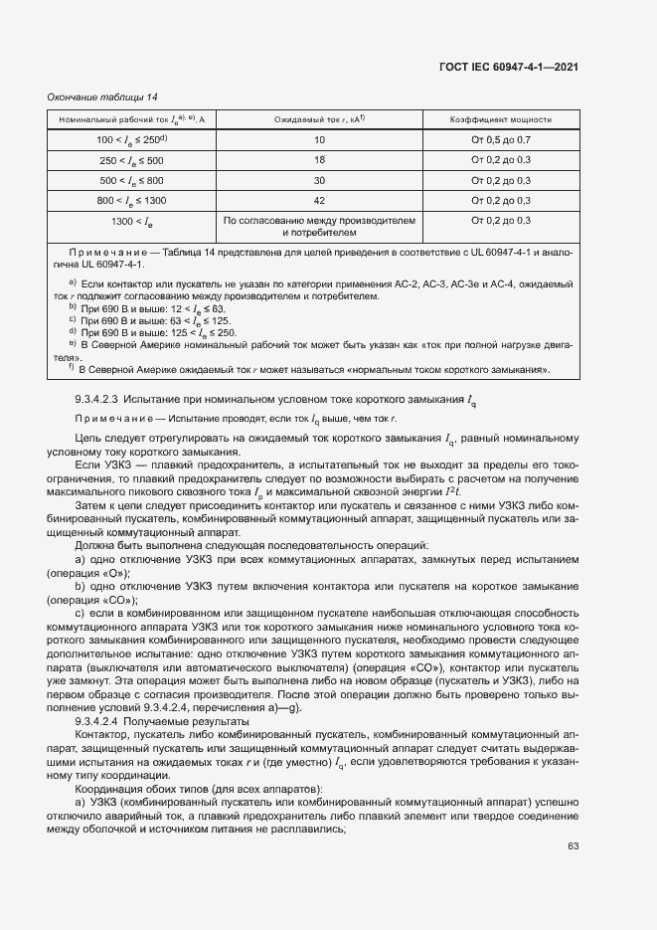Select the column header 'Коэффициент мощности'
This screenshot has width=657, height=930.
501,119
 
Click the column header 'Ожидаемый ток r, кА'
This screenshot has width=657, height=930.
319,119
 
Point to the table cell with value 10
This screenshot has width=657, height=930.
319,140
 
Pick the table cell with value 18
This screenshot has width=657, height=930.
319,160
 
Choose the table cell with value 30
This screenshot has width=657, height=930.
319,180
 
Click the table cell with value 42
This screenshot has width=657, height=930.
319,200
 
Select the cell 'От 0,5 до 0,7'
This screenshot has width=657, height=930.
501,140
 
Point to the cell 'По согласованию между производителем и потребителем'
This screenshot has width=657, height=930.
319,226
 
